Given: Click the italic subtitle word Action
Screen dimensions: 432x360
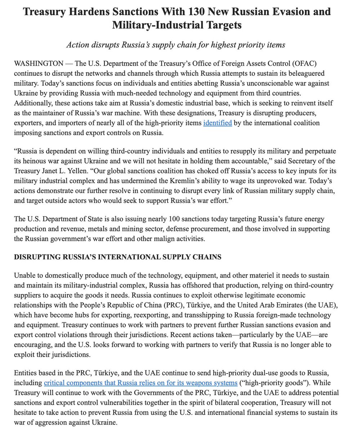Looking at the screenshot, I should click(77, 45).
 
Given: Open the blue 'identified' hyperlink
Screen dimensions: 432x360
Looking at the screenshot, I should click(217, 123).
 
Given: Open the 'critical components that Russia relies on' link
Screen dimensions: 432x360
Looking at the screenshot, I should click(140, 382).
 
